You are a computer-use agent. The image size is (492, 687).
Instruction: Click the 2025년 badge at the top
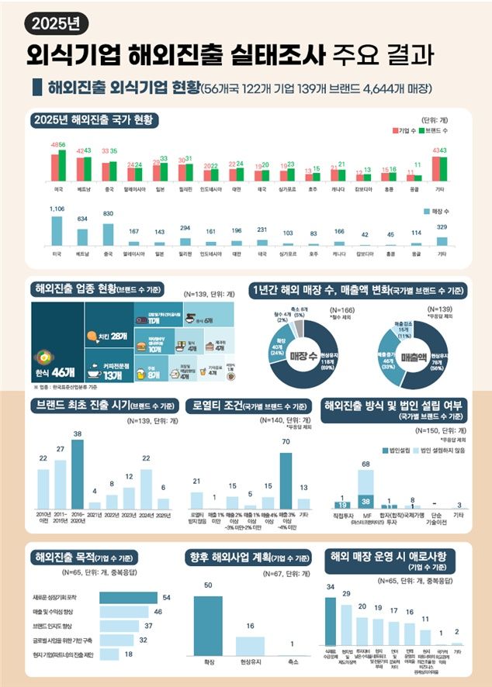(x=56, y=24)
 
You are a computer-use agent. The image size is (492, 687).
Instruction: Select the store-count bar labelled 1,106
(x=57, y=231)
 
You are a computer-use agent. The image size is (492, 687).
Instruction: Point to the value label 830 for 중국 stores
(x=108, y=213)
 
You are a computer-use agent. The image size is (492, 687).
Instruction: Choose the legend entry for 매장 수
(x=442, y=211)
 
